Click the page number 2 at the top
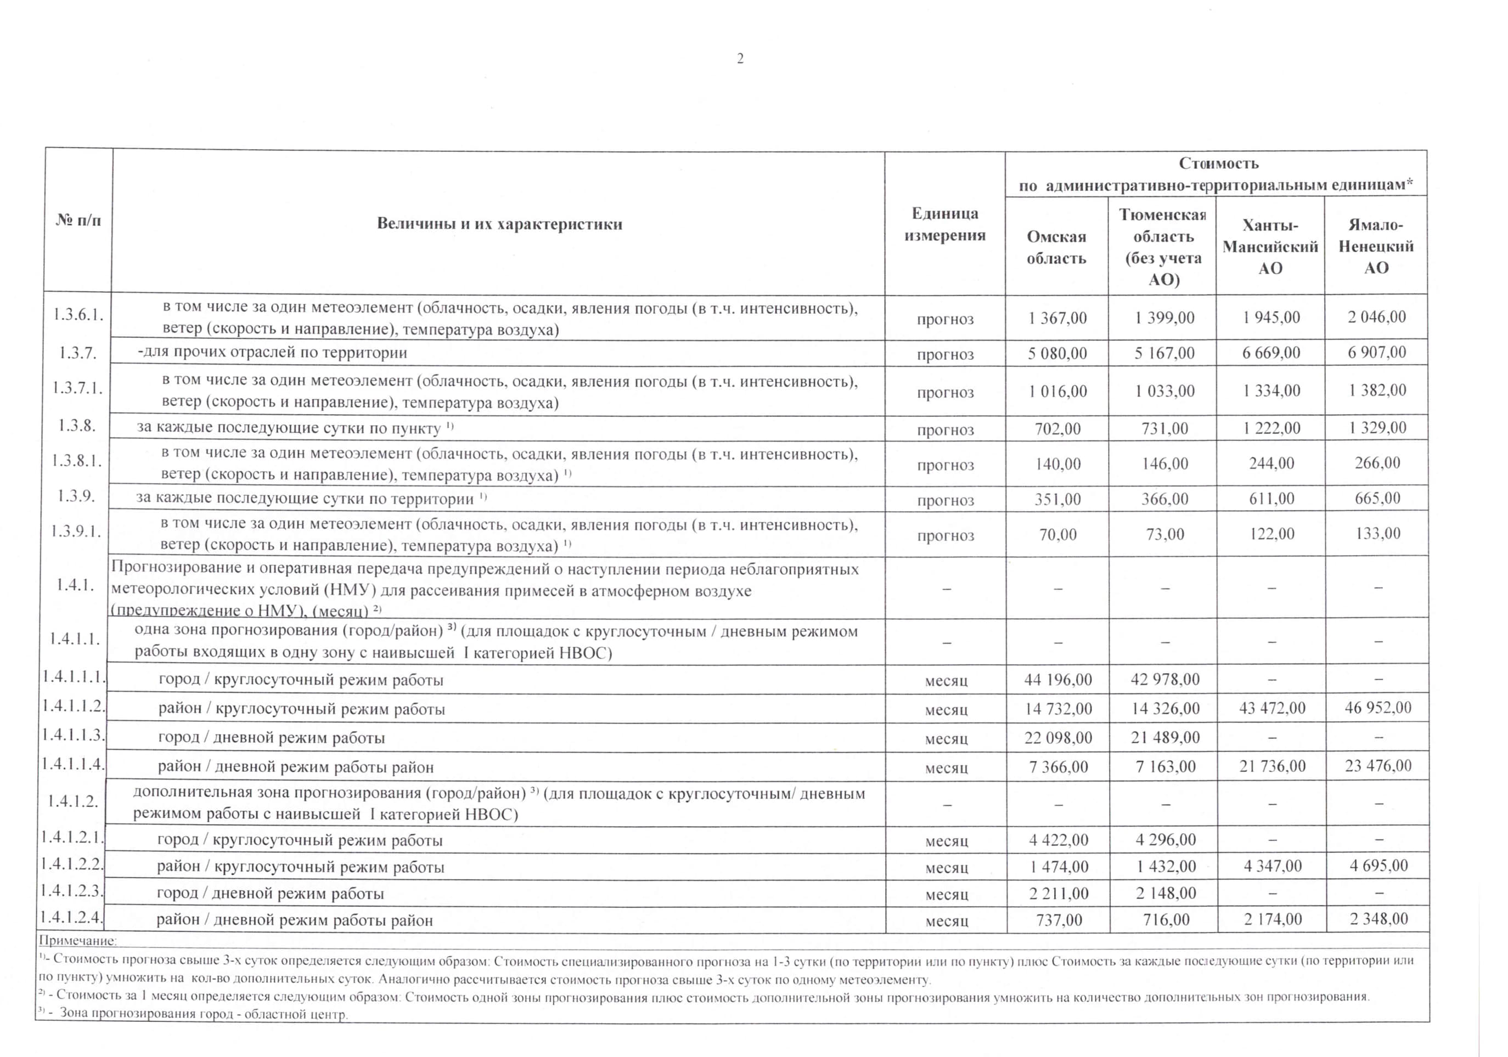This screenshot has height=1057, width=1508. tap(740, 59)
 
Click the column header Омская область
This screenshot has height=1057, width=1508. tap(1056, 247)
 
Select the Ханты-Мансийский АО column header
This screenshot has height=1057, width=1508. tap(1270, 247)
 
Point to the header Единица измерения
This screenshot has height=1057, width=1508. tap(944, 224)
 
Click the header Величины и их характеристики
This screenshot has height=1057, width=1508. tap(499, 224)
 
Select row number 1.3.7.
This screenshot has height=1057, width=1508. tap(77, 353)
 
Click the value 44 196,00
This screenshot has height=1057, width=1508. tap(1058, 680)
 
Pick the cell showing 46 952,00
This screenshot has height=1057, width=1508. tap(1377, 708)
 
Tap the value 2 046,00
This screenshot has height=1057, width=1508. tap(1377, 317)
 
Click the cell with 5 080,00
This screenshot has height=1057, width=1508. tap(1057, 353)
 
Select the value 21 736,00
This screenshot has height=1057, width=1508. tap(1272, 766)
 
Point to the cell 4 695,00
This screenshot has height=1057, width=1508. tap(1378, 866)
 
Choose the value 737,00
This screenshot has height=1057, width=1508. tap(1059, 920)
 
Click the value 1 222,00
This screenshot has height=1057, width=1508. tap(1271, 428)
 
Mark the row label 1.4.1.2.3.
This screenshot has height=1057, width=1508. tap(72, 891)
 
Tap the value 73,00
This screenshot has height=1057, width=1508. tap(1164, 534)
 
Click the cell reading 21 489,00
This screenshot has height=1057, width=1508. tap(1165, 737)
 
